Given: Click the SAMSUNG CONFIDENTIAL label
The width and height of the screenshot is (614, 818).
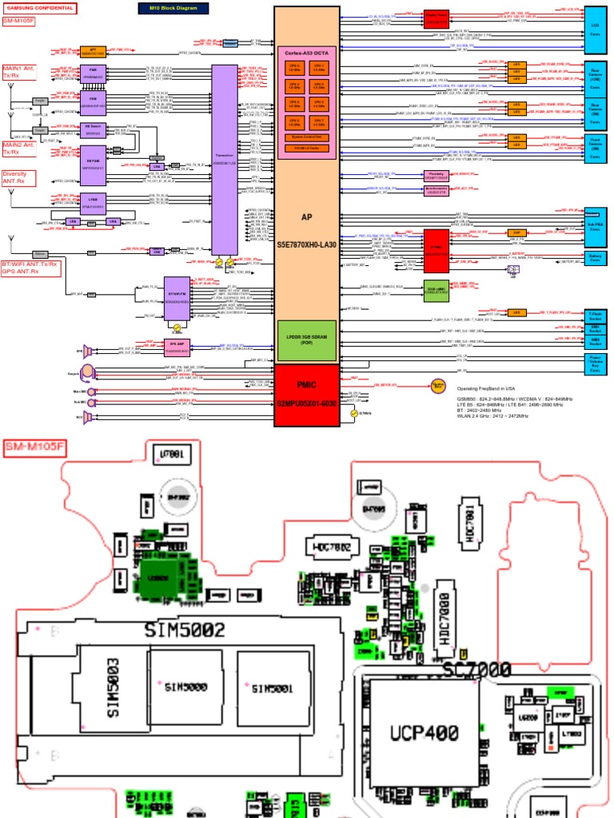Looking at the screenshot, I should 40,8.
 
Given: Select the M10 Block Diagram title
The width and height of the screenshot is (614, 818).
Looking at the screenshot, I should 173,8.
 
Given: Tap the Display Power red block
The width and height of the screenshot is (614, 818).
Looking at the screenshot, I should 437,18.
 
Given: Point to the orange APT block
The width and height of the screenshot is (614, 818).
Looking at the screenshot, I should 93,51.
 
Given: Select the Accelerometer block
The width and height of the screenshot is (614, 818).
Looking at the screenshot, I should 435,189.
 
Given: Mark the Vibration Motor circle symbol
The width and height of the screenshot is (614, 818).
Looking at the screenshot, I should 438,387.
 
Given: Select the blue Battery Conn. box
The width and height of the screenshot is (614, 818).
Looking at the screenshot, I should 595,258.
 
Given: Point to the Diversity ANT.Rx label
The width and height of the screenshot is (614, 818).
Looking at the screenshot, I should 20,177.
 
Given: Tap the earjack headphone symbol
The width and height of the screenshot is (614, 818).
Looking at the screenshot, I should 86,371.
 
